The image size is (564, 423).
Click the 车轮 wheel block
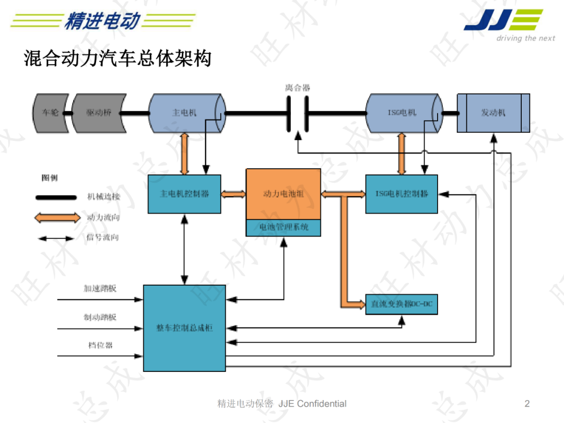pos(51,113)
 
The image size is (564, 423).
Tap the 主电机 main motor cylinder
pos(185,113)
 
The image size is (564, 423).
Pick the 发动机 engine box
pos(493,113)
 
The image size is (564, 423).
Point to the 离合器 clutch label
pos(297,88)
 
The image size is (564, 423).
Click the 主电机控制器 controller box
pos(184,194)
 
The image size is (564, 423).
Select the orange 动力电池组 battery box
pos(283,194)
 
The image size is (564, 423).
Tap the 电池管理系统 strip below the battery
pos(283,228)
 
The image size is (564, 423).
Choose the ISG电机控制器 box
pos(401,194)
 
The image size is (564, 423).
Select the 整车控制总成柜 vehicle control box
pos(184,328)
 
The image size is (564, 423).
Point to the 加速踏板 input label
pos(100,288)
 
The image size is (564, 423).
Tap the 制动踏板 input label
pos(100,317)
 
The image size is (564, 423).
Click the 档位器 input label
pos(100,345)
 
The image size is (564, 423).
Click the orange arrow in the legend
pos(55,217)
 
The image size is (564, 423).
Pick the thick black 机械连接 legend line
pos(55,197)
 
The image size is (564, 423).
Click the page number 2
pos(527,403)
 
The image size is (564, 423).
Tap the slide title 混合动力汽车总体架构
pos(118,58)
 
